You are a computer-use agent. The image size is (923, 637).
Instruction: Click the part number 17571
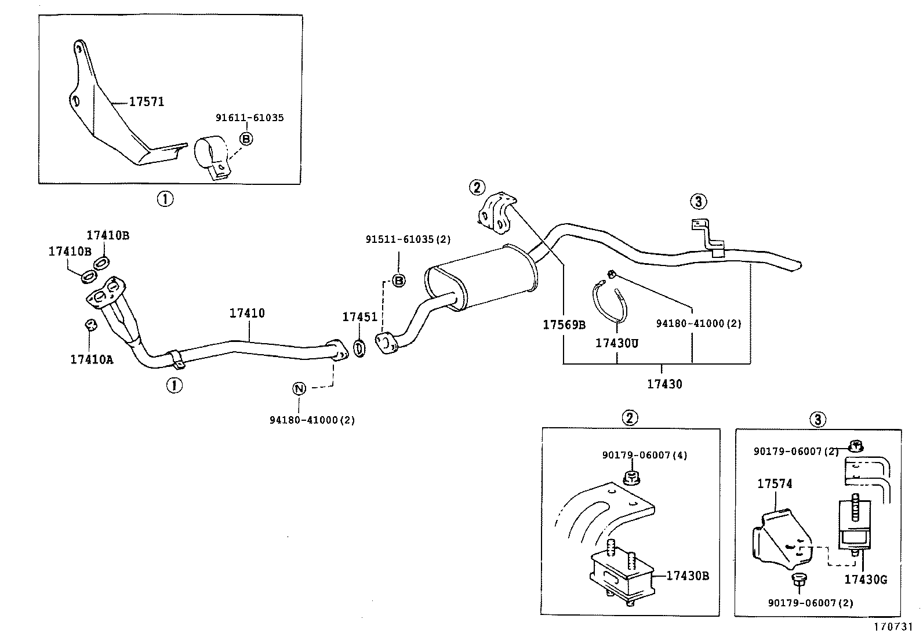(146, 101)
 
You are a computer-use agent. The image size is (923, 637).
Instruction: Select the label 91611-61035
(249, 118)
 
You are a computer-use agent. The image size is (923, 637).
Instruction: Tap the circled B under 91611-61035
(246, 139)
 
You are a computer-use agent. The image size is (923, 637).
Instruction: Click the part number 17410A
(92, 359)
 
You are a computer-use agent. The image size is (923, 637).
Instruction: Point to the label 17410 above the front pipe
(247, 313)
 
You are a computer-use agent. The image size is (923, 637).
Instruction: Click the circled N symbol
(299, 388)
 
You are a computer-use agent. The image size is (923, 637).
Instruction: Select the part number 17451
(359, 317)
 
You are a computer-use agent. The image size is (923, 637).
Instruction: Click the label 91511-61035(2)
(408, 239)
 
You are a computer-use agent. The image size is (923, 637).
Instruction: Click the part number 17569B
(564, 325)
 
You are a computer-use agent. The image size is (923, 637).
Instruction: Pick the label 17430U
(616, 343)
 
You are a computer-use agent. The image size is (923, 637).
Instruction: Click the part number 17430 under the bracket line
(664, 384)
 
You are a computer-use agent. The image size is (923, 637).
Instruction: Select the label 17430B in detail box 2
(687, 576)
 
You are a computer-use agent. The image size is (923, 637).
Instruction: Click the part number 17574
(775, 483)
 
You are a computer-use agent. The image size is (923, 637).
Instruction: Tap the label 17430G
(865, 579)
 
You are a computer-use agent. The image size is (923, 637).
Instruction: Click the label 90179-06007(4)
(644, 455)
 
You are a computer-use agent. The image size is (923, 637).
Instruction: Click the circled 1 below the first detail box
(165, 199)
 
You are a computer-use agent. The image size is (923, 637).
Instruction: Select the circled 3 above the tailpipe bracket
(699, 202)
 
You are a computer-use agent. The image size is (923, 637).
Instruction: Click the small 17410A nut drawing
(90, 324)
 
